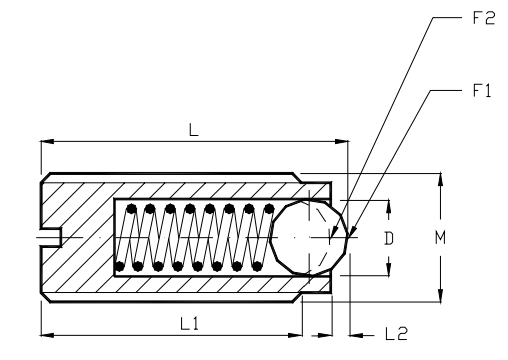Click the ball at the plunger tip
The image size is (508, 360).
point(311,237)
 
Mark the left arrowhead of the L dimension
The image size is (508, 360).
point(45,142)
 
